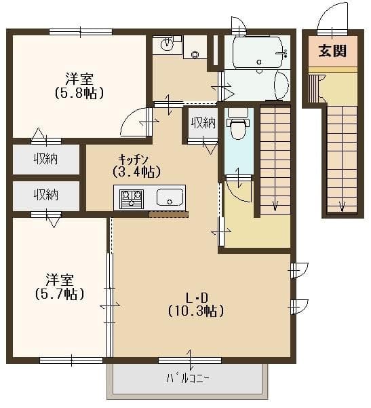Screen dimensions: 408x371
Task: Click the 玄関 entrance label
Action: (x=332, y=50)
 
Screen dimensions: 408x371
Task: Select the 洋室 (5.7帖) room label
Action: (x=60, y=286)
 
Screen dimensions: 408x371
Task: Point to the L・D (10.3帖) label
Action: (x=196, y=304)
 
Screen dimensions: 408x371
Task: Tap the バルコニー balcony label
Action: (x=188, y=378)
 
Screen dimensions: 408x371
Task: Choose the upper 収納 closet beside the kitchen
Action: (x=46, y=160)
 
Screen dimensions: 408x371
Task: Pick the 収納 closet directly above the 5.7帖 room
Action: (x=46, y=194)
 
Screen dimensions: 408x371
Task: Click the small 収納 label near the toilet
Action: (x=202, y=123)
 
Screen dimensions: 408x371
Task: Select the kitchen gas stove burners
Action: (x=132, y=198)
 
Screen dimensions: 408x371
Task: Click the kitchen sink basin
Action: (x=170, y=198)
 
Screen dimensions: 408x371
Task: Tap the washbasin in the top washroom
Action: (x=167, y=45)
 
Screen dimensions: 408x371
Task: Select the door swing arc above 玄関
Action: (x=332, y=16)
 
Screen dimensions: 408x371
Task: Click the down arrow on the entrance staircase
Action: (x=343, y=206)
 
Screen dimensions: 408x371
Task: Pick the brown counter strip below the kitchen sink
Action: (x=168, y=215)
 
